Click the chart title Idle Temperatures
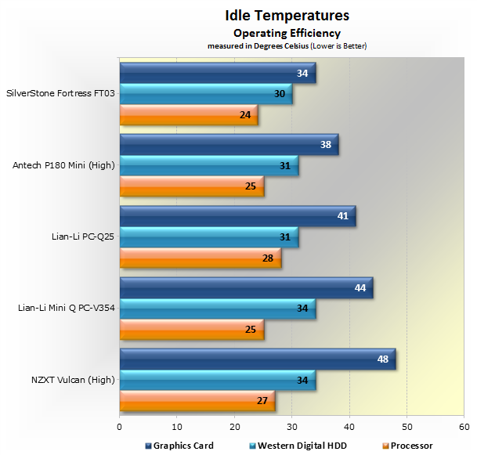coord(287,16)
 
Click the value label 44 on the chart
coord(360,288)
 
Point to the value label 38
coord(326,144)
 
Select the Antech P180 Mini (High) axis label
coord(65,164)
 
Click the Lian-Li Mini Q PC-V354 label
coord(67,308)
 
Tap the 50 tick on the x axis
coord(407,427)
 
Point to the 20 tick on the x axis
coord(234,427)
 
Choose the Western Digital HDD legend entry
coord(301,445)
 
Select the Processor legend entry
coord(410,445)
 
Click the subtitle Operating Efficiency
coord(287,33)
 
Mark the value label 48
coord(383,359)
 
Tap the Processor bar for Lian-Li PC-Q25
coord(200,258)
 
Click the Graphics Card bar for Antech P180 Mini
coord(229,144)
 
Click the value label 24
coord(245,115)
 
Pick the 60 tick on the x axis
coord(464,427)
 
